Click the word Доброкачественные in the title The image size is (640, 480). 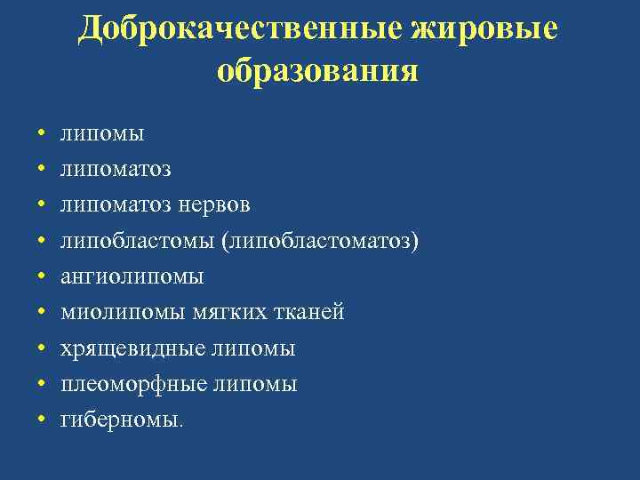(x=241, y=28)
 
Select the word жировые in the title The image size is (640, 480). (x=485, y=28)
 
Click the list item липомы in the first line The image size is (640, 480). (x=102, y=134)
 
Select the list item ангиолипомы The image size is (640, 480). (x=132, y=276)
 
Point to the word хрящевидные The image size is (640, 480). (x=132, y=348)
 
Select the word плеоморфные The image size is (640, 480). (x=133, y=384)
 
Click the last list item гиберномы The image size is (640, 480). (x=121, y=420)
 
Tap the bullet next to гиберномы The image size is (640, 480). (x=41, y=420)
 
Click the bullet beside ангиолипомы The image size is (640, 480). (x=41, y=276)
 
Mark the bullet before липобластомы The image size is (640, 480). (x=41, y=241)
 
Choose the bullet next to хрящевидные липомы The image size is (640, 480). (x=41, y=348)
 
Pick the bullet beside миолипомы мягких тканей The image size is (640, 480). (x=41, y=313)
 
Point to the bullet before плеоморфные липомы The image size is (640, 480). (x=41, y=384)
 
